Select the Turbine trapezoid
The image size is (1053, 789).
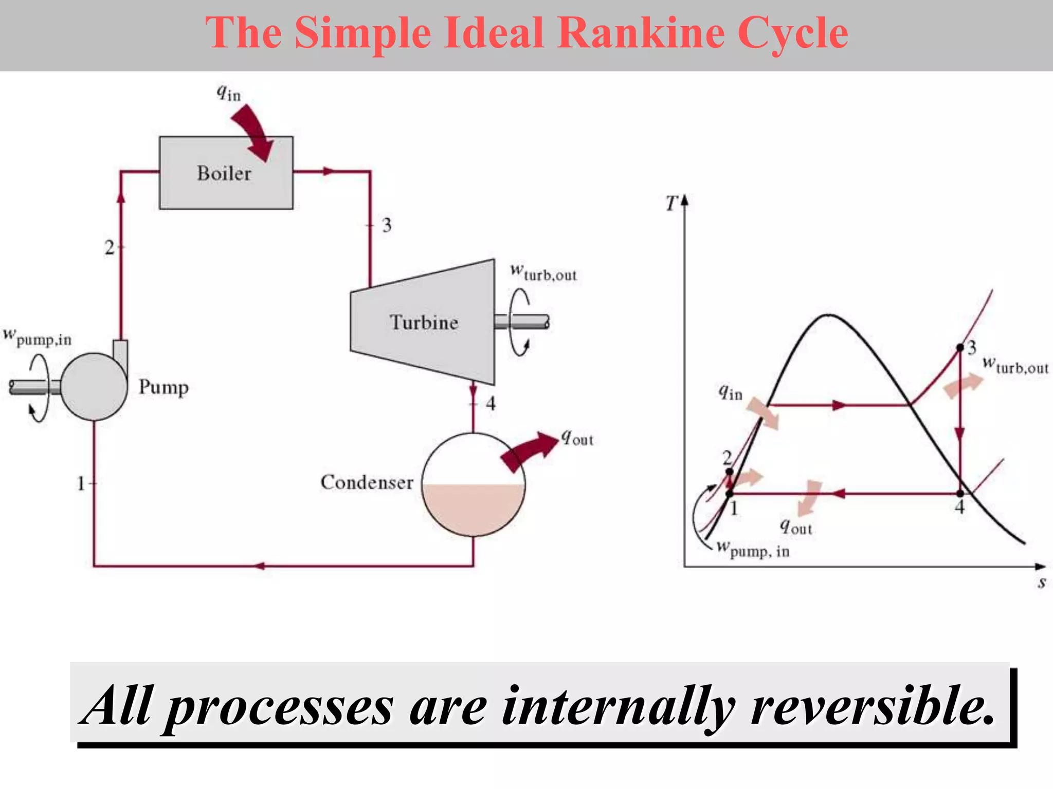click(423, 322)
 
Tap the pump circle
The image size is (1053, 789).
click(94, 387)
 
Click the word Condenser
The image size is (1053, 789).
click(367, 482)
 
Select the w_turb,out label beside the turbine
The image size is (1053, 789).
click(543, 272)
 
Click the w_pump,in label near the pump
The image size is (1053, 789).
click(37, 337)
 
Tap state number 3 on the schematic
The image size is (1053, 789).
click(387, 225)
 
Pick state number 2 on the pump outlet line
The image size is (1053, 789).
click(109, 248)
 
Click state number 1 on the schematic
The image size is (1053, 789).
click(81, 483)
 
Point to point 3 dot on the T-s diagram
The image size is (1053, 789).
click(960, 348)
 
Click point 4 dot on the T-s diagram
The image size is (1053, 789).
click(960, 494)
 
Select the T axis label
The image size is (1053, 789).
click(671, 203)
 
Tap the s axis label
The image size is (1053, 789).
click(1042, 583)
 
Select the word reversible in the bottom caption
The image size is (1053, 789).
click(872, 707)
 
